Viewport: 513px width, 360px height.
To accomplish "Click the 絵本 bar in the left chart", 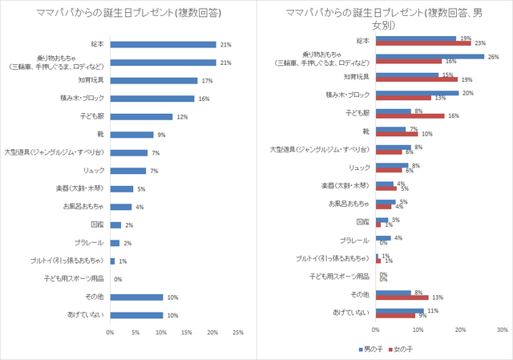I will tap(163, 44).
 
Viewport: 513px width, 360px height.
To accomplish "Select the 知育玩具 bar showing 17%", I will tap(153, 80).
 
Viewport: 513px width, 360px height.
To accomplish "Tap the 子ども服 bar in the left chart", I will tap(140, 116).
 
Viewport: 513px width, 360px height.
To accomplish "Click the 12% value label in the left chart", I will tap(180, 116).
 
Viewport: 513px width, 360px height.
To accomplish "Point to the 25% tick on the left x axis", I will tap(237, 332).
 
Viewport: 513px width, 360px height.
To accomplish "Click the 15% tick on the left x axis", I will tap(186, 332).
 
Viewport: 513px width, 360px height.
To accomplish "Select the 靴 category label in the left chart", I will tap(95, 135).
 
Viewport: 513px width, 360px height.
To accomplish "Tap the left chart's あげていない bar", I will tap(136, 315).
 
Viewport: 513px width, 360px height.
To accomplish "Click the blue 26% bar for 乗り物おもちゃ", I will tap(430, 56).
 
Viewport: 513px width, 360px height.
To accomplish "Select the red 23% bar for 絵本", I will tap(423, 42).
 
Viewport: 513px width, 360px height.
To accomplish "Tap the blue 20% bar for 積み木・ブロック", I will tap(417, 92).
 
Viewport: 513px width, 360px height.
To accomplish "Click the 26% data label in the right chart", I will tap(493, 56).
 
